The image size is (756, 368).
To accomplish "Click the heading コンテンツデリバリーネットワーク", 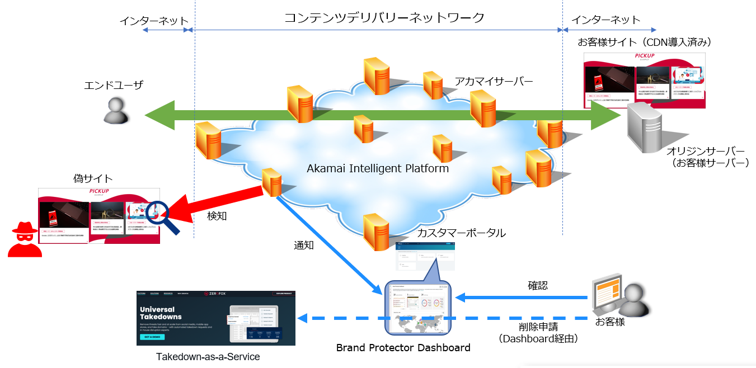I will pyautogui.click(x=384, y=18).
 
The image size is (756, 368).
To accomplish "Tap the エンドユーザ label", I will pyautogui.click(x=114, y=85).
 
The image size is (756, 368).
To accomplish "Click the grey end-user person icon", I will pyautogui.click(x=116, y=110).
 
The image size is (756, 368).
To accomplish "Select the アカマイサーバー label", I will pyautogui.click(x=494, y=82).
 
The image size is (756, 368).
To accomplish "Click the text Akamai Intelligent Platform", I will pyautogui.click(x=378, y=168).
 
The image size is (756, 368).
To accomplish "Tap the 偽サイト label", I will pyautogui.click(x=93, y=179).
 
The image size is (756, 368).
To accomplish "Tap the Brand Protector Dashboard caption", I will pyautogui.click(x=403, y=348).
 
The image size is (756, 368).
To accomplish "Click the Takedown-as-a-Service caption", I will pyautogui.click(x=208, y=356).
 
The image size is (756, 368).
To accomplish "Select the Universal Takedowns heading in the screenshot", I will pyautogui.click(x=157, y=313).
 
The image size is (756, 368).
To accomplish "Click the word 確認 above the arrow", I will pyautogui.click(x=538, y=285).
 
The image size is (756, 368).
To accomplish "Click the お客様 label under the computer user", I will pyautogui.click(x=609, y=322).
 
